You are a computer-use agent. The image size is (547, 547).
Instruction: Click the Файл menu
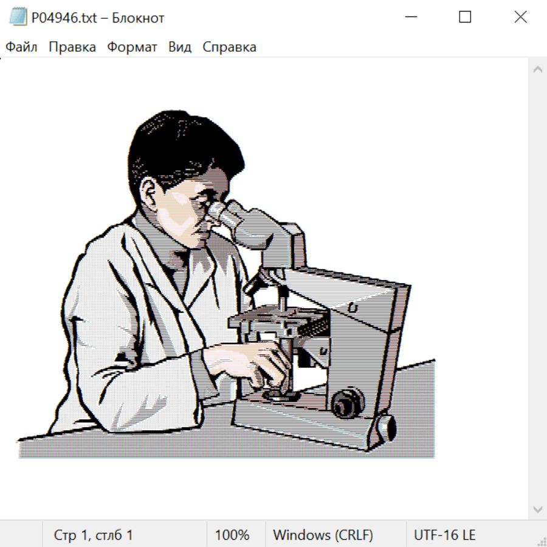click(21, 47)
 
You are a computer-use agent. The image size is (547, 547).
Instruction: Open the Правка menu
click(72, 47)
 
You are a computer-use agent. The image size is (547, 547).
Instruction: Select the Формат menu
click(132, 47)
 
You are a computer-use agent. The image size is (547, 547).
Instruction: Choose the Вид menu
click(180, 47)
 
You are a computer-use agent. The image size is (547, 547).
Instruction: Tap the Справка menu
click(229, 47)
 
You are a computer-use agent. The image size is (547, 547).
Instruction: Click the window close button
click(520, 17)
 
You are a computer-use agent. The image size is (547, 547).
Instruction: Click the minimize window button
click(411, 17)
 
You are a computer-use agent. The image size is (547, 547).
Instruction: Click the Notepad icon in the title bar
click(18, 17)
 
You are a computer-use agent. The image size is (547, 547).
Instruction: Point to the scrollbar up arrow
click(538, 69)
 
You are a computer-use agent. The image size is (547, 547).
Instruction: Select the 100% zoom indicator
click(232, 535)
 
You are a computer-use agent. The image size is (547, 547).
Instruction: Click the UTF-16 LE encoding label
click(444, 535)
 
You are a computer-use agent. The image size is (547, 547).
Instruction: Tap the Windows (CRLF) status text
click(323, 535)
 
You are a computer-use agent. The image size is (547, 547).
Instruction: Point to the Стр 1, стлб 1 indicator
click(93, 535)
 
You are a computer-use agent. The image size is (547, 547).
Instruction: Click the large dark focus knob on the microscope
click(348, 402)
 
